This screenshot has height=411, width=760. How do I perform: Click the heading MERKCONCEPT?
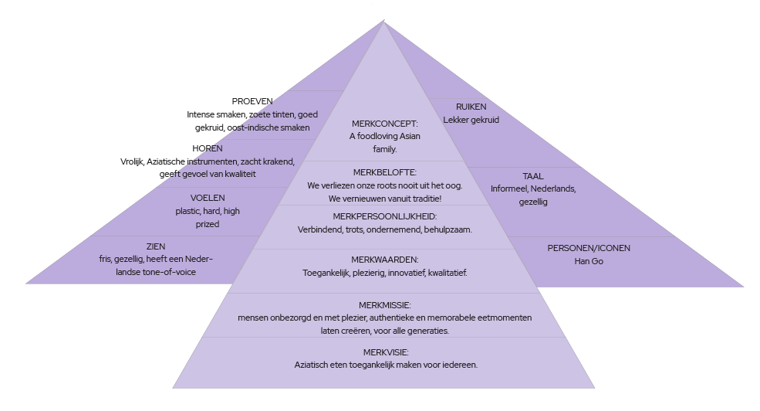384,123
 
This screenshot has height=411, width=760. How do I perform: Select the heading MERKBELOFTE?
384,172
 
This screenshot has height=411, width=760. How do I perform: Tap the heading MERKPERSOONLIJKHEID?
384,216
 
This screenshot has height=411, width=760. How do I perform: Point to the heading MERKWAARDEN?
384,260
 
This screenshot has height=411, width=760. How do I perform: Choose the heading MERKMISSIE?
384,305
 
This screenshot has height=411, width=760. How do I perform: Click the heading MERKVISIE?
384,352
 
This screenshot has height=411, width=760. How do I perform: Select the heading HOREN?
207,148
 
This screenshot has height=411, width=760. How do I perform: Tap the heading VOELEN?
208,198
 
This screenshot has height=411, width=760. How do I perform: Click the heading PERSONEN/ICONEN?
589,248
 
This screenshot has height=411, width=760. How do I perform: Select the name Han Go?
589,261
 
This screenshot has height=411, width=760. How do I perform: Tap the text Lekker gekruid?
471,120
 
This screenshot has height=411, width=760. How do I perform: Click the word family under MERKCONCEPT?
384,149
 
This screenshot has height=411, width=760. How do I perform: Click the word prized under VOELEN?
208,224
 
